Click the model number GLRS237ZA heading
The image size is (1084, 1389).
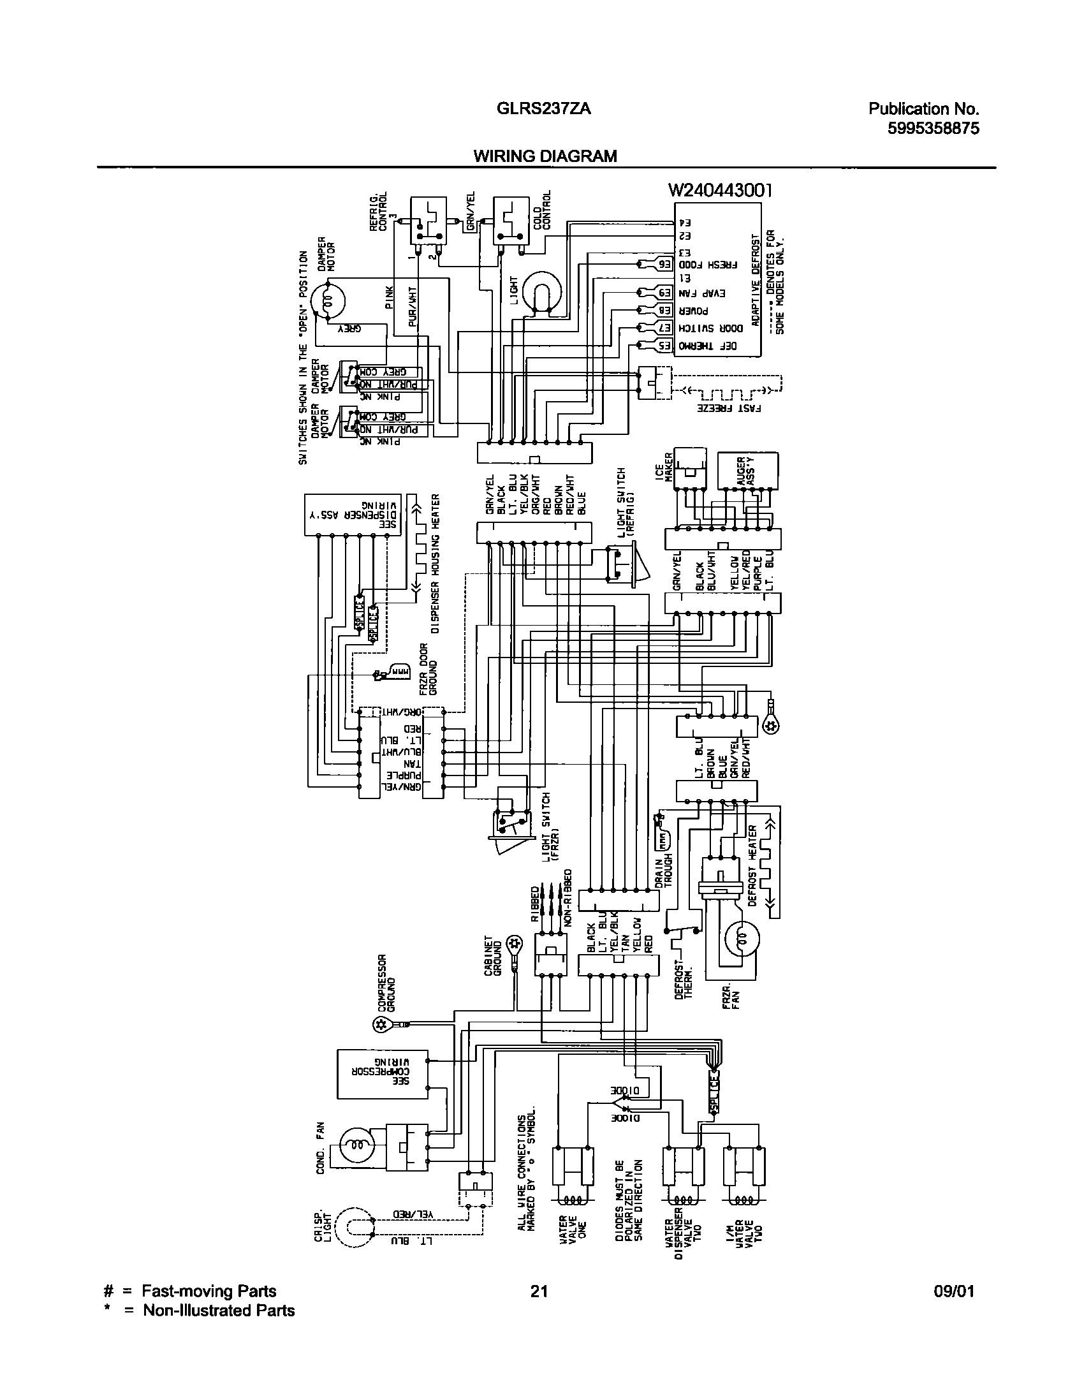[x=543, y=109]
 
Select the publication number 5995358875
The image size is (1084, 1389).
[x=934, y=129]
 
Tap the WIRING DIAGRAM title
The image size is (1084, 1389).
[x=545, y=156]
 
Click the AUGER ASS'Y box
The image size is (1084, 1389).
[x=747, y=471]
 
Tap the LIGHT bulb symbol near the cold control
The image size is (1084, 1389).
[x=540, y=293]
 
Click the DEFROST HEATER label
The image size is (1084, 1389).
[x=752, y=866]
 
